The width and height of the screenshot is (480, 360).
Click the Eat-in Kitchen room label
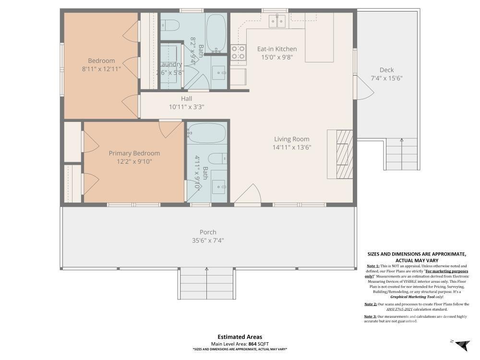[277, 49]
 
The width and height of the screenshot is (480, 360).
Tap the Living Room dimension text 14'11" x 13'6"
[292, 147]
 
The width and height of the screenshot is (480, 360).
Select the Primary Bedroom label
[134, 153]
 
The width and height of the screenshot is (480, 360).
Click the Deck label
[386, 70]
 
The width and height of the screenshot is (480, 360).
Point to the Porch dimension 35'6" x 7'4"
[208, 240]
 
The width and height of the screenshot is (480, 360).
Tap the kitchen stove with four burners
[238, 52]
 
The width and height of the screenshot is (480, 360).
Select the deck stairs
[402, 154]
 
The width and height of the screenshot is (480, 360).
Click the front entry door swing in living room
[248, 194]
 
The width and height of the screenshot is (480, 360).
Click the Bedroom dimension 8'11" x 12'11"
[101, 69]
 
